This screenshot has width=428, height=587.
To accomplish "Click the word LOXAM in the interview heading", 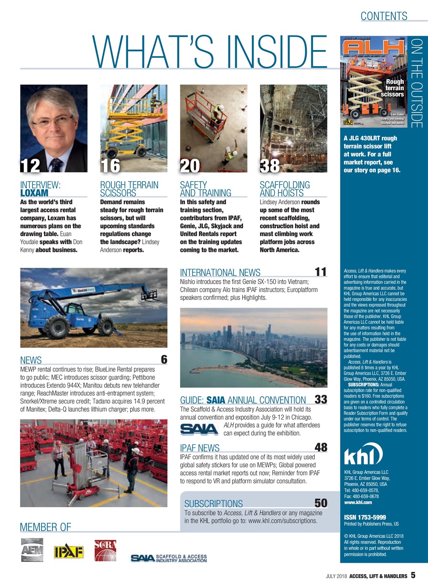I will [34, 194].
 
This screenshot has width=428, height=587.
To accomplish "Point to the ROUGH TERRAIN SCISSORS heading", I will [129, 189].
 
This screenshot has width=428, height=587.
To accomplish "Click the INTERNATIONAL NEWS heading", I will [220, 273].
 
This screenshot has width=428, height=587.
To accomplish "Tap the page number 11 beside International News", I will [320, 272].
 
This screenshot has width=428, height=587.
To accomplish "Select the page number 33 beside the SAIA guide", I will [320, 399].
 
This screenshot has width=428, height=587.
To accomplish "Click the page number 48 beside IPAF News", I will [320, 447].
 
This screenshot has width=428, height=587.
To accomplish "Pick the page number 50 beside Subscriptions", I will [320, 504].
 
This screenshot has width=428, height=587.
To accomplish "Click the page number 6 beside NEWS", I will [163, 360].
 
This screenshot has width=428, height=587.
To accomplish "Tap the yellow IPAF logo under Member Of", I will [69, 552].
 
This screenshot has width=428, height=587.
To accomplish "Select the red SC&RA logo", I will [105, 550].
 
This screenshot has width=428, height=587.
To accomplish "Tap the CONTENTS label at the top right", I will [384, 17].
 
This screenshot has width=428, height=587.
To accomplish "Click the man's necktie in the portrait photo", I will [56, 164].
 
